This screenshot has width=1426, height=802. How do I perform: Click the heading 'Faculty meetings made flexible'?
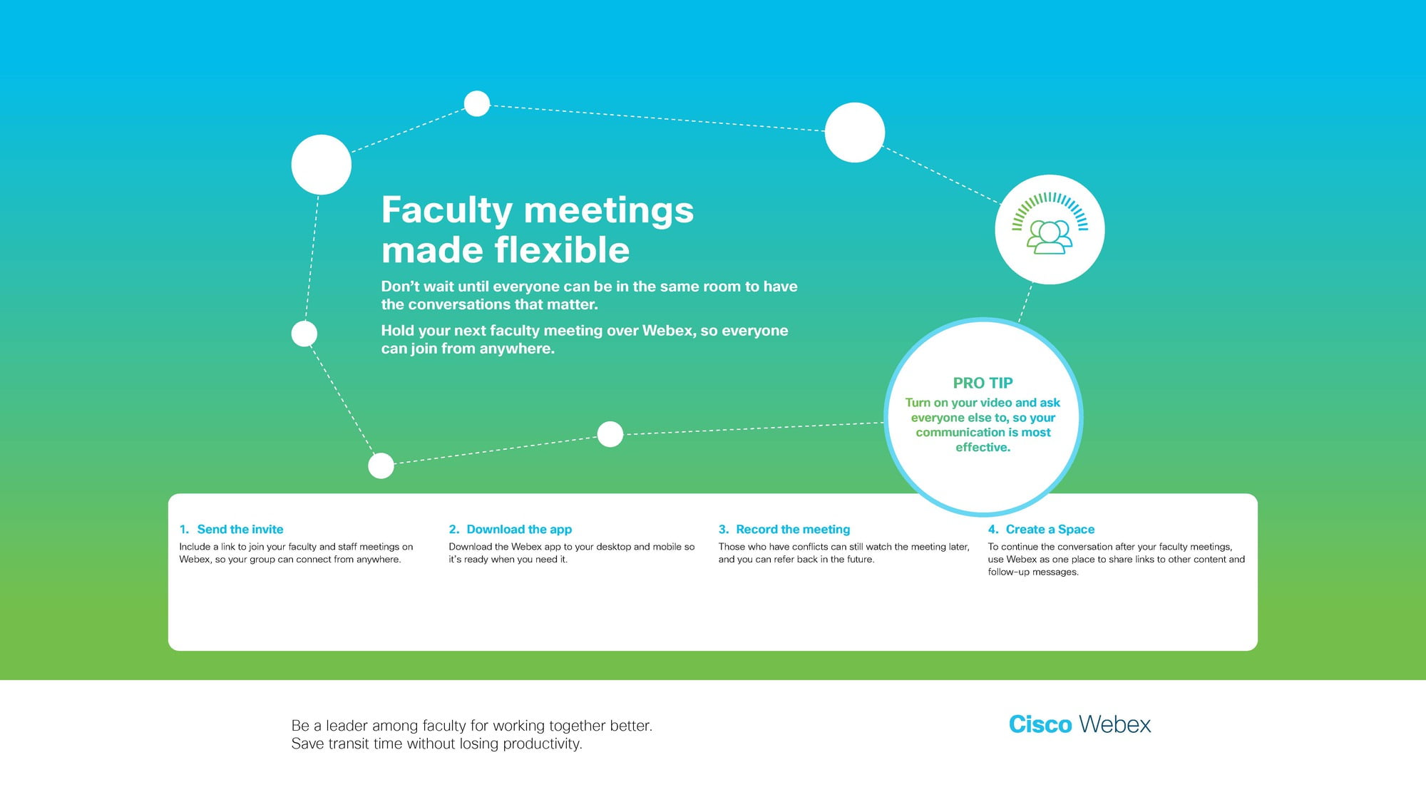[x=538, y=230]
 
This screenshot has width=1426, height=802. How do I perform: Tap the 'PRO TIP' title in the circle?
[x=983, y=383]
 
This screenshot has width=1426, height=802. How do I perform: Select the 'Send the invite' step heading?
[x=240, y=529]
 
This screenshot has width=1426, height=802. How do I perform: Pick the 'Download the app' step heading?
[x=519, y=529]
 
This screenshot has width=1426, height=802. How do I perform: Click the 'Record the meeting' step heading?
[x=793, y=529]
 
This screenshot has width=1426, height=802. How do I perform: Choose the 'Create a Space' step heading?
[x=1050, y=529]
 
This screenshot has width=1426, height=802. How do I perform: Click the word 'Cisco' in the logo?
[x=1040, y=724]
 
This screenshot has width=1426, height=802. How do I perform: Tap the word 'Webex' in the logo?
[x=1115, y=724]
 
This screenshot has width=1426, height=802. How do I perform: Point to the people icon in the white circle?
[x=1050, y=237]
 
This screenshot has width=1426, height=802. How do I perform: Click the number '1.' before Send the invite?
[x=184, y=529]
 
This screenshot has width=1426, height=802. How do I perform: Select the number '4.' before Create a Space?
[x=993, y=529]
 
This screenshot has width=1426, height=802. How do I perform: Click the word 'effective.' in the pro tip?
[x=983, y=447]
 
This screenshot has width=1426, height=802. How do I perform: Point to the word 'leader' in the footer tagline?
[x=347, y=726]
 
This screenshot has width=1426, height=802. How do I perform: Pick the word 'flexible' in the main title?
[x=562, y=250]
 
